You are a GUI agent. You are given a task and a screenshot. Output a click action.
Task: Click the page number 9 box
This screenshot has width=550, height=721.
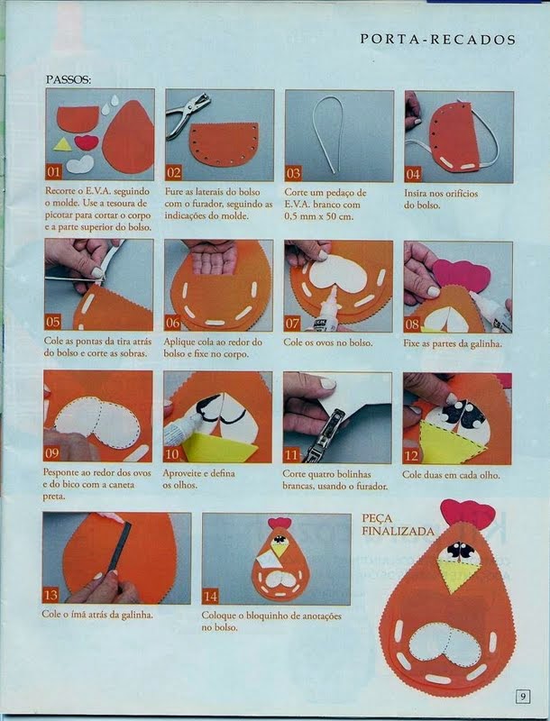(x=523, y=697)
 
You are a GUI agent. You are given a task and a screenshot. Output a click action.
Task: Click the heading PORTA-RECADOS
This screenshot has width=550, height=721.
(x=438, y=40)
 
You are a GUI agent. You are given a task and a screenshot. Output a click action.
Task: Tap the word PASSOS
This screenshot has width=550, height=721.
(x=68, y=79)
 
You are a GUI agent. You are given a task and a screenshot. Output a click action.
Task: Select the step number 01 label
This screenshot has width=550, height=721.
(x=53, y=172)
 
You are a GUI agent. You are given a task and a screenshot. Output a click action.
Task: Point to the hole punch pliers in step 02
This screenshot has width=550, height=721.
(x=187, y=113)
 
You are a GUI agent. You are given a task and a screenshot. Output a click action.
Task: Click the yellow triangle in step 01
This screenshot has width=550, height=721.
(x=62, y=145)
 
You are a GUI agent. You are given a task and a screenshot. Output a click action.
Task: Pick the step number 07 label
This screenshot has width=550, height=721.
(x=292, y=324)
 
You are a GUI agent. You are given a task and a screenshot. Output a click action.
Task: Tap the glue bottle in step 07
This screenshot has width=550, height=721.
(x=329, y=308)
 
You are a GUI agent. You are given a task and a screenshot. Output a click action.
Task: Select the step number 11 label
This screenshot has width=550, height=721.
(x=291, y=455)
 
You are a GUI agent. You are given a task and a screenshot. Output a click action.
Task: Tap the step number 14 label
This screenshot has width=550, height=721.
(x=210, y=597)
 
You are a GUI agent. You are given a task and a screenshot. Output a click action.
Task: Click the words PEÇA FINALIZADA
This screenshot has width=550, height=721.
(x=398, y=525)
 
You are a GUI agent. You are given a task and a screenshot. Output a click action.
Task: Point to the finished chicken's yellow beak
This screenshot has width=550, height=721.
(x=457, y=575)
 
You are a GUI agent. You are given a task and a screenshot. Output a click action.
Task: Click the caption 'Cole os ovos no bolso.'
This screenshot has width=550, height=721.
(x=328, y=342)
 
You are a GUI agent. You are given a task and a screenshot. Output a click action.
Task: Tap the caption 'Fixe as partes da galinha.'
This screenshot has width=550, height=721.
(x=453, y=343)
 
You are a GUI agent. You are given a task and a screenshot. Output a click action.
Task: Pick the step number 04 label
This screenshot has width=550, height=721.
(x=413, y=174)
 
